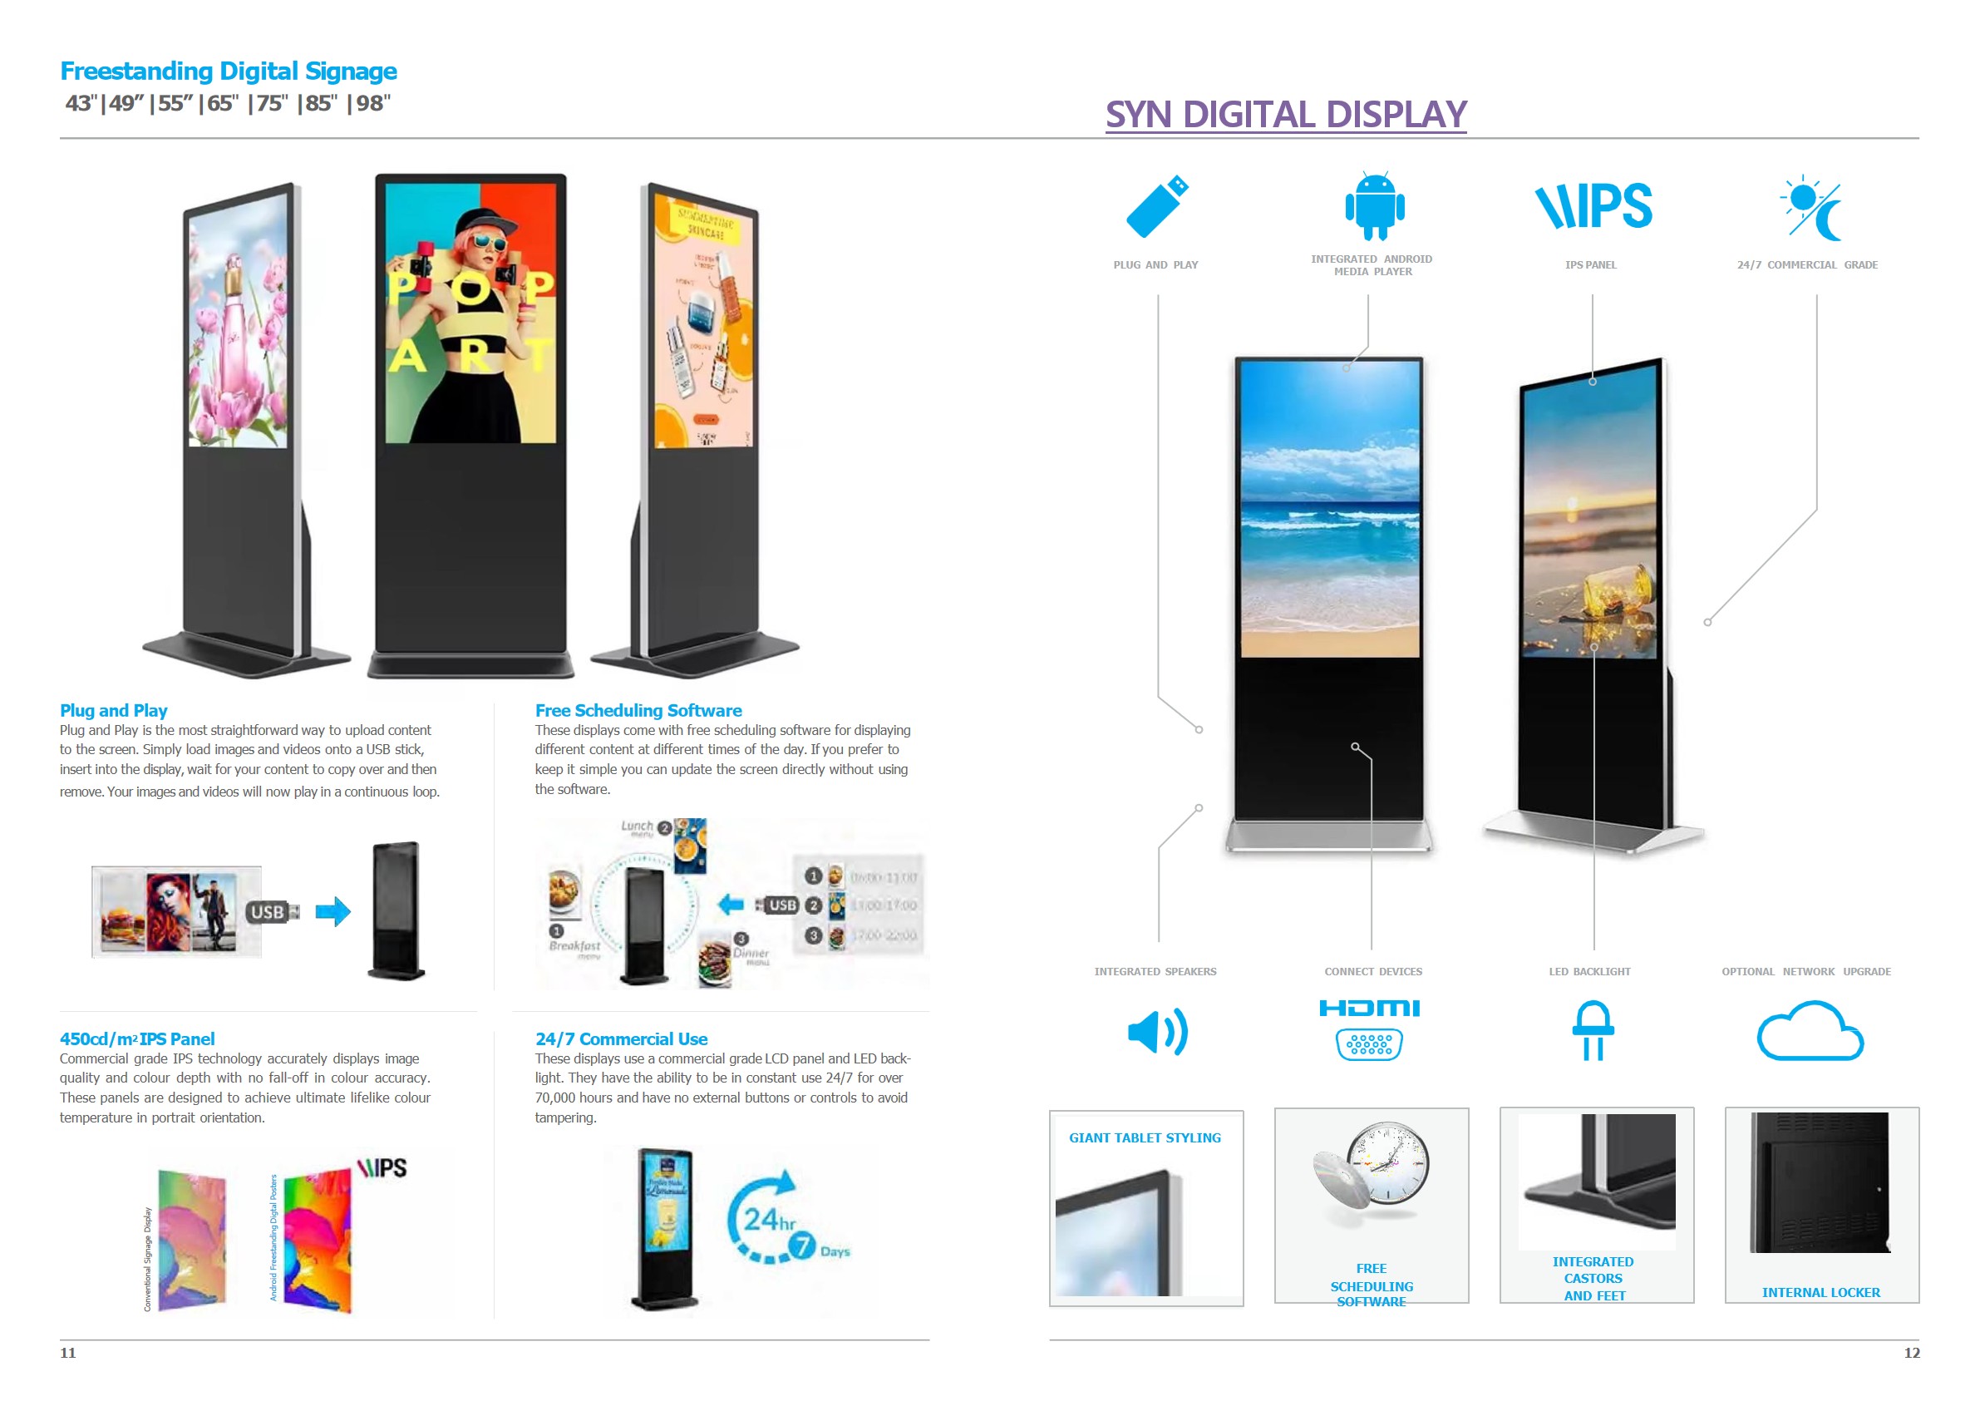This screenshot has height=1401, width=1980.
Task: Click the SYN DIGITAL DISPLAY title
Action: (1285, 114)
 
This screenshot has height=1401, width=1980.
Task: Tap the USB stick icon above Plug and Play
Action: (1156, 206)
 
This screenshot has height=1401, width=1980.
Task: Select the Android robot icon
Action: (1374, 206)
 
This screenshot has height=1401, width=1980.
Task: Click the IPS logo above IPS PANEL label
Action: (1593, 206)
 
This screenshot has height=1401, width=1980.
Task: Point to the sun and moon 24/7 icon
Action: (1810, 208)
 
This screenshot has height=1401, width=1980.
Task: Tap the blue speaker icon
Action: (1157, 1031)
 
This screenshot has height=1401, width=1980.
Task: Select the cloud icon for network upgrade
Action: (1810, 1031)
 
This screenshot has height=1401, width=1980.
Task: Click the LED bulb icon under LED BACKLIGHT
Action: (1592, 1030)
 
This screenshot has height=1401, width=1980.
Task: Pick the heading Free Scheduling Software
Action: (638, 710)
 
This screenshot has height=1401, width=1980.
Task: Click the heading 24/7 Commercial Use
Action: (620, 1038)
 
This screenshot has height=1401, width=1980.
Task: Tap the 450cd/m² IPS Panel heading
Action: (136, 1038)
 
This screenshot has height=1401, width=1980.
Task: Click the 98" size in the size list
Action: (372, 104)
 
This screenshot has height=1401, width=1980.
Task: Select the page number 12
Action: (1911, 1353)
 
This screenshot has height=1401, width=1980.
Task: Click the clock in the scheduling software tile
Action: (1387, 1163)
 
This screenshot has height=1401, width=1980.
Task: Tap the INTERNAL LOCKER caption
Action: (1820, 1291)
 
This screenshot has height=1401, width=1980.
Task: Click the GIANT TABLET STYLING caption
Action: (1145, 1137)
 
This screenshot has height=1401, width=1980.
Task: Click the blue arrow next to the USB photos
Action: (332, 911)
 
